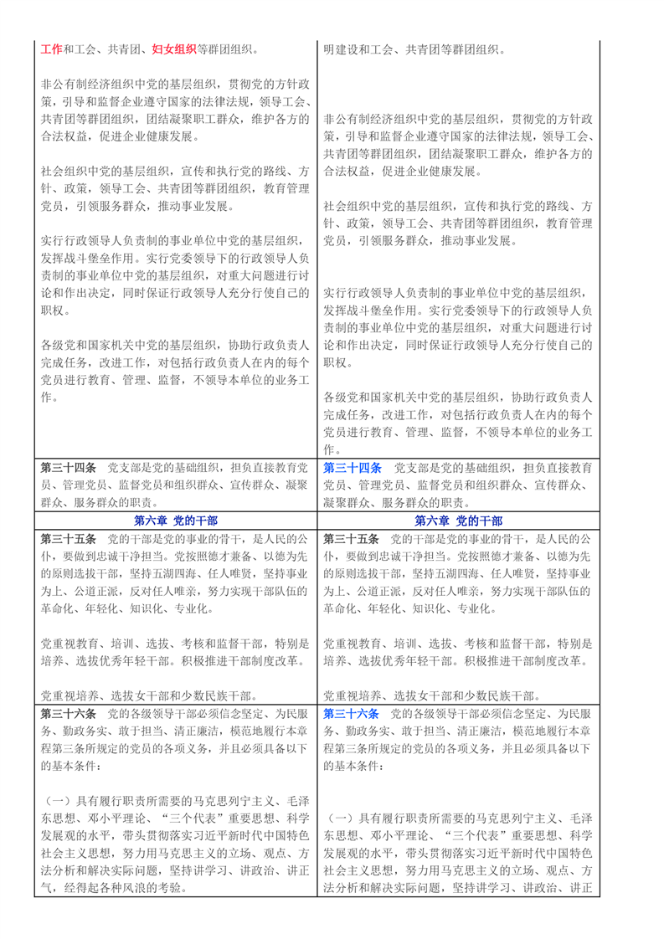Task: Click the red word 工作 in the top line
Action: (51, 49)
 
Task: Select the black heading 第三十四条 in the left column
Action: (69, 466)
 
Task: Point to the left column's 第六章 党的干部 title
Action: (175, 521)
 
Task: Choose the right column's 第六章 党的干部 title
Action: (457, 521)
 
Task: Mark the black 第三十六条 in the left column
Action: (69, 713)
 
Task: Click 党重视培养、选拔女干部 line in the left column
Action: (148, 695)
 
